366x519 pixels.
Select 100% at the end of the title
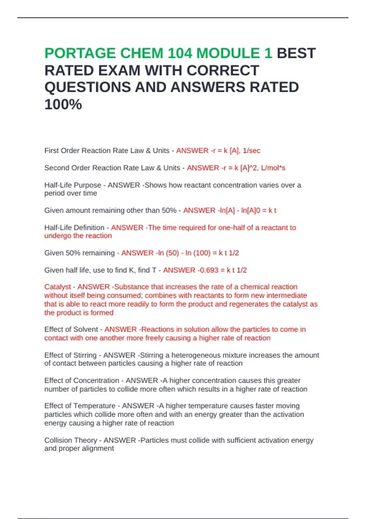coord(63,104)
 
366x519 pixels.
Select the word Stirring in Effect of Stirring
coord(85,355)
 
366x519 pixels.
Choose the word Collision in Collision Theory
coord(58,440)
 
